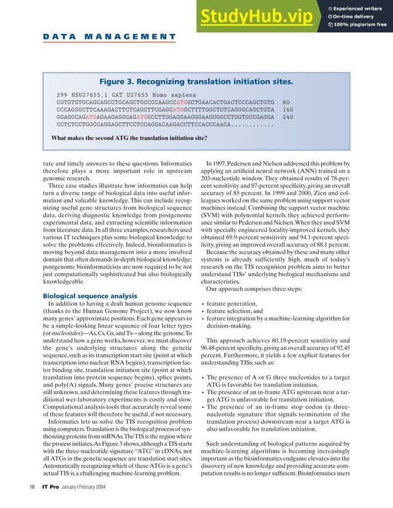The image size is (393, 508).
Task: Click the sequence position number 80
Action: coord(286,102)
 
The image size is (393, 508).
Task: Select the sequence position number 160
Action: coord(288,110)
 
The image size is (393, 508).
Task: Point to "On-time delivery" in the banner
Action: coord(359,16)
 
